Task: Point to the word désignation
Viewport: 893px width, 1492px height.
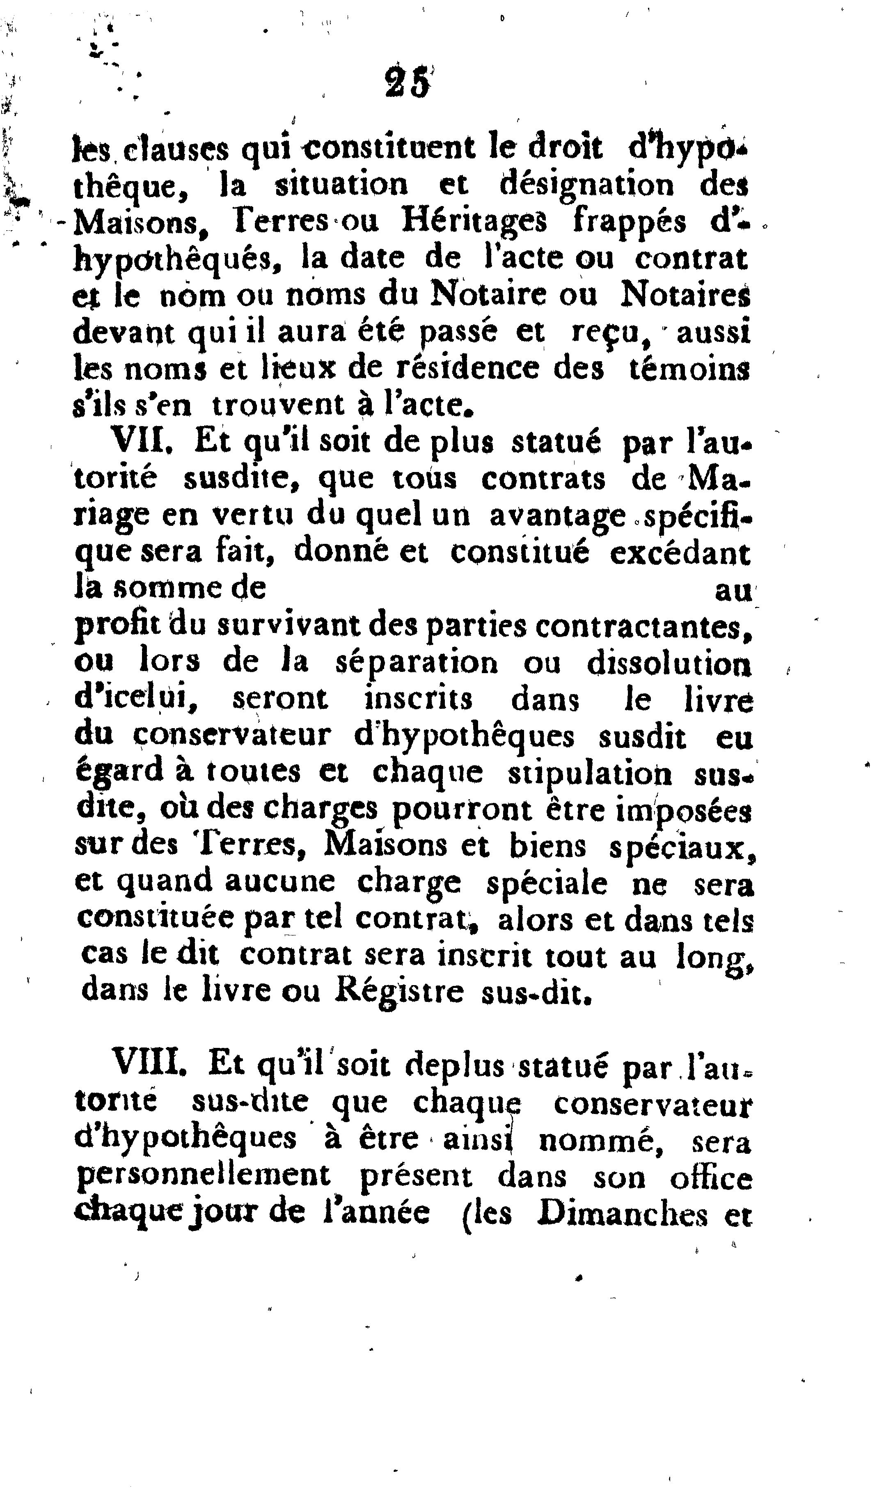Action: (587, 185)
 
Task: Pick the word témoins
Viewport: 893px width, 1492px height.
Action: (689, 368)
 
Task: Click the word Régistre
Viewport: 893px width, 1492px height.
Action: (399, 992)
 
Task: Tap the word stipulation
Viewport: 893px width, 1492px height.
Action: (590, 773)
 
